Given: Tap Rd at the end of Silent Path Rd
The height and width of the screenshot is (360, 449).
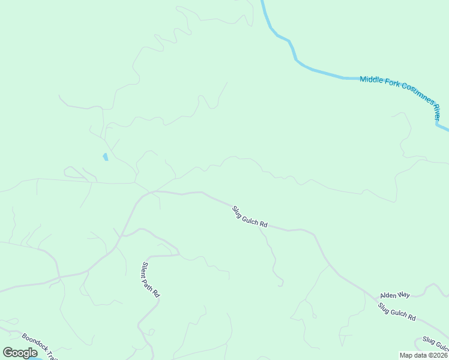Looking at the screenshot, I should [x=157, y=293].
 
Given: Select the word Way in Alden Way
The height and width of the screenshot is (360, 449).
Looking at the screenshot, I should [x=403, y=295].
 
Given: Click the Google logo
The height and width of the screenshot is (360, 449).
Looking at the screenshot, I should [x=20, y=353].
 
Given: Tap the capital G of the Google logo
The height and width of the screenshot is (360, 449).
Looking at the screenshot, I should [x=7, y=353].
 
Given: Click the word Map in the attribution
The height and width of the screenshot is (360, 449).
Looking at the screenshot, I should [x=406, y=355].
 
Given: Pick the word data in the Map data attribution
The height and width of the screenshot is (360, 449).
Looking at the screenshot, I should [x=419, y=355].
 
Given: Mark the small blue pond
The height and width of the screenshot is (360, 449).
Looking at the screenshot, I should [x=105, y=157].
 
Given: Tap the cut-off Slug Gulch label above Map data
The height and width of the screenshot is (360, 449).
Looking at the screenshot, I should [x=436, y=343].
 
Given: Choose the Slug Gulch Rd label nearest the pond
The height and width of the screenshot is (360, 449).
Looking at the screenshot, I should [x=249, y=217].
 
